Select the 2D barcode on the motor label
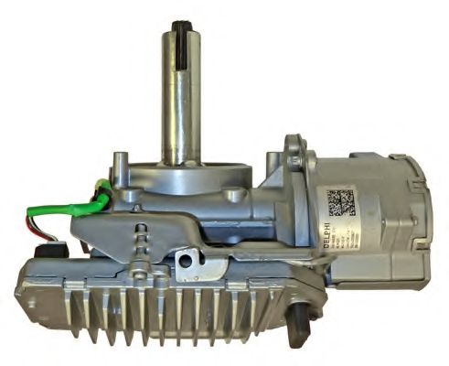(340, 200)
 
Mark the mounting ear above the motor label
(294, 151)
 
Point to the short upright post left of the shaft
(120, 168)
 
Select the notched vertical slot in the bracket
(138, 247)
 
